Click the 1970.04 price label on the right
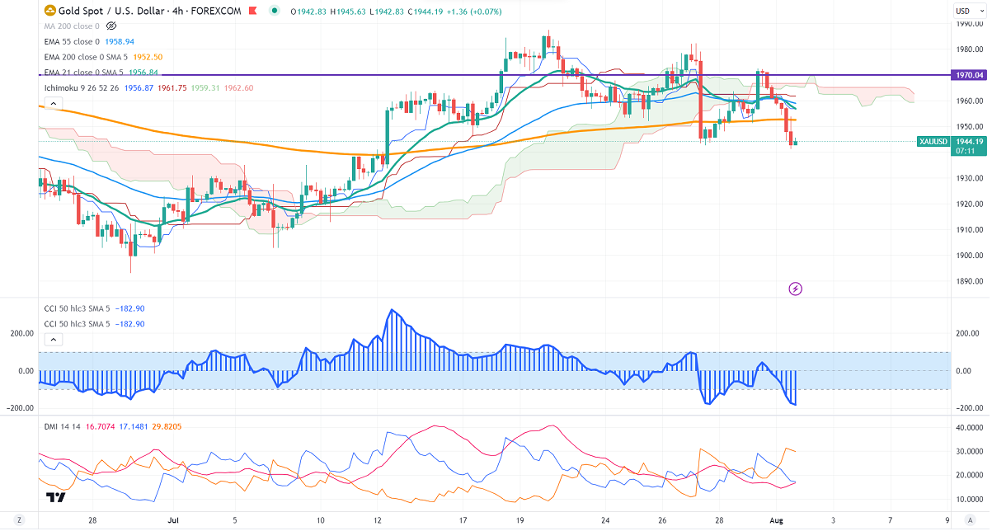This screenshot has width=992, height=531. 968,75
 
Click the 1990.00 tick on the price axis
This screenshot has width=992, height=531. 969,24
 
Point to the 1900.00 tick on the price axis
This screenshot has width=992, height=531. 969,255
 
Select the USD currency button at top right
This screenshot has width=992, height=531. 963,11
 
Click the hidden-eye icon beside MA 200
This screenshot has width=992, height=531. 112,26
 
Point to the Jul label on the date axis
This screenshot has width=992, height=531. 173,520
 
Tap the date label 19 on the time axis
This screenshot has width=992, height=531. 521,520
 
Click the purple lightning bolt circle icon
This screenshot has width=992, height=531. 796,289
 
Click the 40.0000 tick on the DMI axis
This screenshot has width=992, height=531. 970,429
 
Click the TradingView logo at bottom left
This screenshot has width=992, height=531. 56,497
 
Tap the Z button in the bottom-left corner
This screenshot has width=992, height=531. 18,520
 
